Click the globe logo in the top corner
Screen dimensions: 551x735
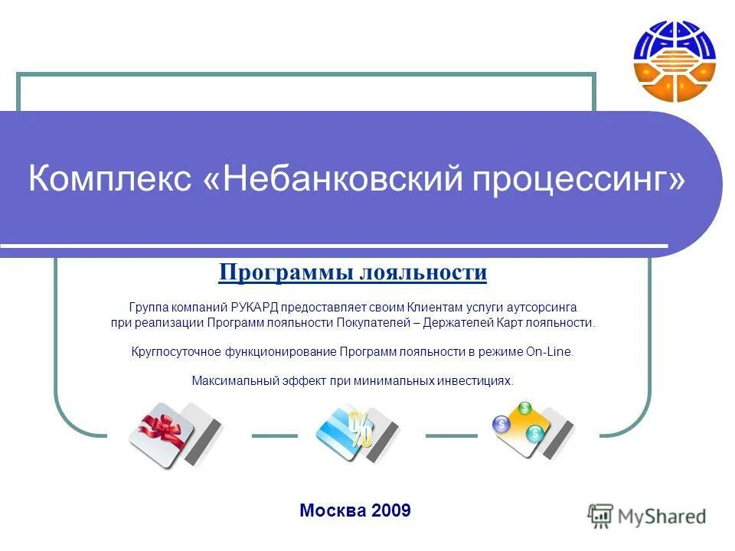674,60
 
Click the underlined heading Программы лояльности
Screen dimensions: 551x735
353,272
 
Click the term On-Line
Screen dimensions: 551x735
548,352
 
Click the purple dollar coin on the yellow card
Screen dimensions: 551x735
501,423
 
